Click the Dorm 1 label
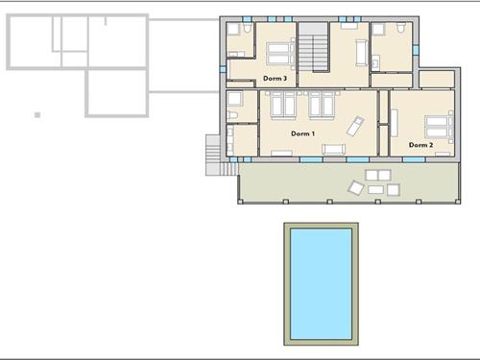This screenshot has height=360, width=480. pos(302,133)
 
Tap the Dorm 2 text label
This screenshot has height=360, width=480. pos(420,145)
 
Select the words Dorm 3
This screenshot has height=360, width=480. pos(275,79)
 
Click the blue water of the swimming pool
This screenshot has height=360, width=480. pos(321,284)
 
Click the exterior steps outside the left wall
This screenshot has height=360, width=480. pos(213,156)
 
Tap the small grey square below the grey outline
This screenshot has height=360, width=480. pos(37,115)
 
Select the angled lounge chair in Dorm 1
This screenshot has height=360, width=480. pos(355,126)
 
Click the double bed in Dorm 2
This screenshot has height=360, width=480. pos(439,127)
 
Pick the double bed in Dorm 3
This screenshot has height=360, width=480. pos(281,54)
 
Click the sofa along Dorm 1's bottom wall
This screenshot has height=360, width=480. pos(333,150)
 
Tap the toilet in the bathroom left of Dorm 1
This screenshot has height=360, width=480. pos(232,115)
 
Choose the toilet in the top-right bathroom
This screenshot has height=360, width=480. pos(400,28)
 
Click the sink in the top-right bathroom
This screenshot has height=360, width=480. pos(375,62)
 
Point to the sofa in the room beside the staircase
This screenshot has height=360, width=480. pos(361,53)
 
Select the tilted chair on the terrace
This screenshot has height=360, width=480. pos(356,188)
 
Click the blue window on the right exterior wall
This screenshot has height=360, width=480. pos(416,50)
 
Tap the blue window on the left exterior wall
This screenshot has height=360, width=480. pos(223,69)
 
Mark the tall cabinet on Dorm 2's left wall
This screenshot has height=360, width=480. pos(395,123)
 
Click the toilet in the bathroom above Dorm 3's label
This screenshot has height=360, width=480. pos(247,28)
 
